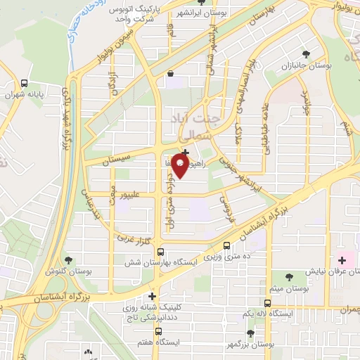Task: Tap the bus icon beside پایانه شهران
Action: point(24,82)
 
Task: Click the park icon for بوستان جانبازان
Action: point(305,53)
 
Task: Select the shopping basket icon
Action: point(170,73)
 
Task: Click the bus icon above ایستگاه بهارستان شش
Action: point(161,252)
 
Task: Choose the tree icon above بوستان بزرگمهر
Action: point(250,333)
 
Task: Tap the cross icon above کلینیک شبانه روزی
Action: point(152,296)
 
